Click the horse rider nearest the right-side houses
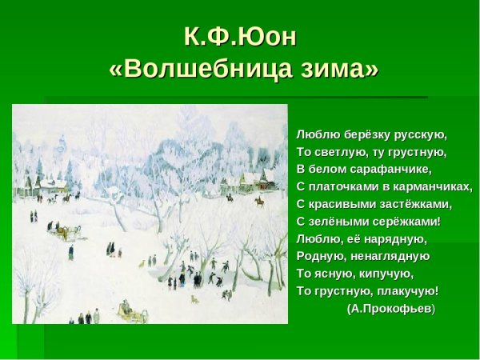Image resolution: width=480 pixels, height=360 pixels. (x=260, y=202)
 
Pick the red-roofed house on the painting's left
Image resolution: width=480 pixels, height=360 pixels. (x=51, y=186)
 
